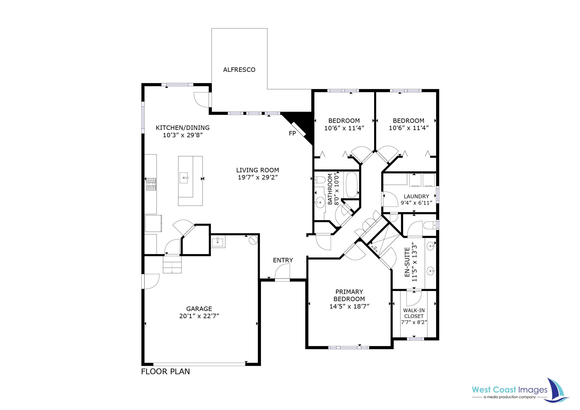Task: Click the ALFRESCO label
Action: pos(239,70)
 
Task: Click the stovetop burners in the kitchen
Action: pos(151,184)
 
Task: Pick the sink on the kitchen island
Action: pos(184,178)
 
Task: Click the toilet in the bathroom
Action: pos(320,180)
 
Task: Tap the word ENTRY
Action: pos(283,260)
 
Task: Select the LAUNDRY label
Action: pos(416,196)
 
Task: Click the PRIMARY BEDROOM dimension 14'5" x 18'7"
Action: pos(349,306)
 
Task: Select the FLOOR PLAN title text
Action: pos(165,371)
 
